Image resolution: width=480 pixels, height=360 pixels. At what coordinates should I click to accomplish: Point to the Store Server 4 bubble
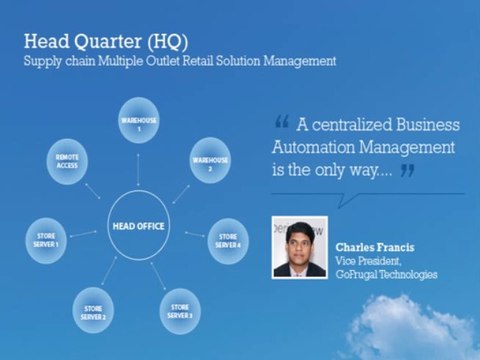(227, 241)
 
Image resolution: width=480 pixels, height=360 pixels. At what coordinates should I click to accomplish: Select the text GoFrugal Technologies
(386, 273)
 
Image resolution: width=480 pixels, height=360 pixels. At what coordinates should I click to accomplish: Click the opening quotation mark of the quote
(281, 125)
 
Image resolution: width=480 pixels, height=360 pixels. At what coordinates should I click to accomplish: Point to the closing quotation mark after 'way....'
(406, 170)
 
